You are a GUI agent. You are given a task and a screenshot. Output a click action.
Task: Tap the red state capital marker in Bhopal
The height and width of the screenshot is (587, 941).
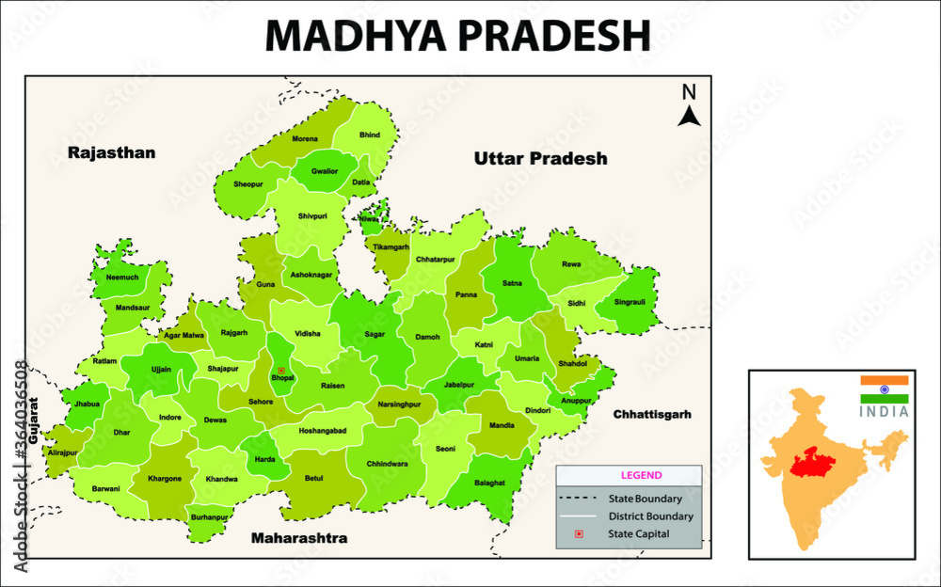point(280,371)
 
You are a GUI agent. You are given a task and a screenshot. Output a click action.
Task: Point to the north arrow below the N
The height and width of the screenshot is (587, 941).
point(690,116)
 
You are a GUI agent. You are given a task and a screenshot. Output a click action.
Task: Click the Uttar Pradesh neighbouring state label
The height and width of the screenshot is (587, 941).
point(540,158)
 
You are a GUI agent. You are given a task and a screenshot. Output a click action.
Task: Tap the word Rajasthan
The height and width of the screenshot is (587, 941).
point(111,152)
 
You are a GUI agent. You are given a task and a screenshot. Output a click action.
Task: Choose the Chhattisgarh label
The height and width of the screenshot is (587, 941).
point(652,414)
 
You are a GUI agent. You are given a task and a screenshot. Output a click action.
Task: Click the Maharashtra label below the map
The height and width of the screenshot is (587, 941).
point(299,539)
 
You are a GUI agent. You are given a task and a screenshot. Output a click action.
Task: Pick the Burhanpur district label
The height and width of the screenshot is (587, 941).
point(209,517)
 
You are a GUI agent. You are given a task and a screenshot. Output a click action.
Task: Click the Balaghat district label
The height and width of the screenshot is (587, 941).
point(489,482)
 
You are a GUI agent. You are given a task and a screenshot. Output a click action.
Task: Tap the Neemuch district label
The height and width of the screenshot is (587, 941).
point(122,278)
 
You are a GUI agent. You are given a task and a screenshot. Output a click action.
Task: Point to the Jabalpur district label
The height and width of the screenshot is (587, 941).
point(460,385)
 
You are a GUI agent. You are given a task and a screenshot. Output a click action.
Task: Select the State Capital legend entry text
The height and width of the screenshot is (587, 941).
point(639,534)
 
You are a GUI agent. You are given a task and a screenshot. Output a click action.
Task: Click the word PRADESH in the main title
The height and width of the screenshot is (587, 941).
point(554,36)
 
